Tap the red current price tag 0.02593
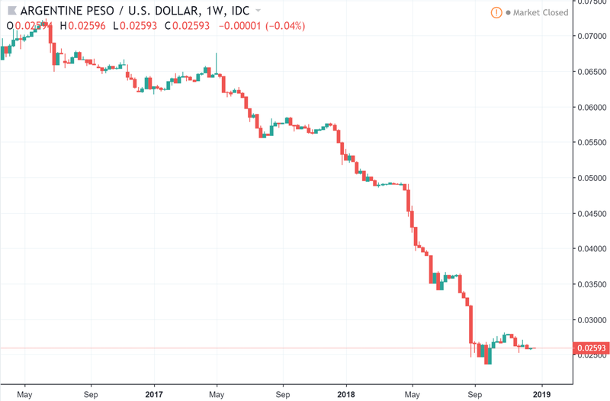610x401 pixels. [592, 348]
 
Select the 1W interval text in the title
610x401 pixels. [214, 11]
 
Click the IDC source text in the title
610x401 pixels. [241, 11]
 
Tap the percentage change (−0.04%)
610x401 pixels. [282, 26]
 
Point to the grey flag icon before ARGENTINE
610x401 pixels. [11, 11]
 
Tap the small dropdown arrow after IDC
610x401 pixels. [259, 11]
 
